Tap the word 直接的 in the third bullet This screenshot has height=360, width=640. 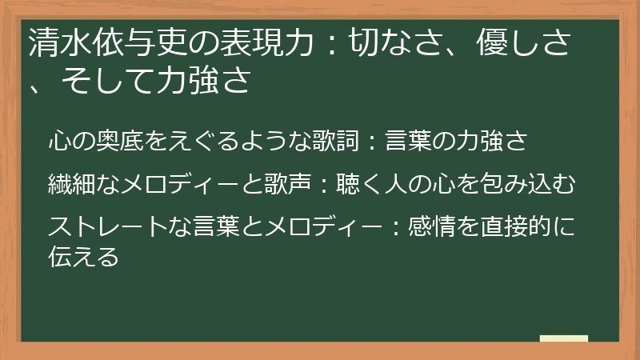510,226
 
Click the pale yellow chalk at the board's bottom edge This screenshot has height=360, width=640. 563,338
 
